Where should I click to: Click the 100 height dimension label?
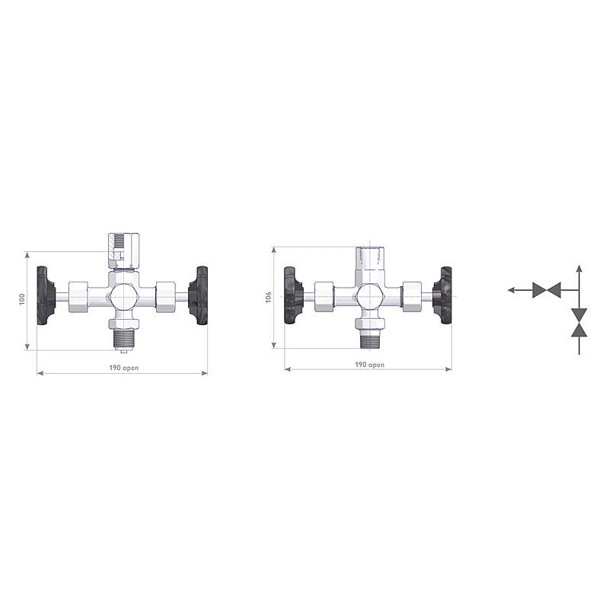click(22, 300)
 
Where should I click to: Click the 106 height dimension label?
click(268, 298)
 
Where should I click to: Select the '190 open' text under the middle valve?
click(370, 365)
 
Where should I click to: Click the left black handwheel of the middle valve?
click(293, 295)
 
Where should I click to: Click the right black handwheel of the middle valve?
click(443, 295)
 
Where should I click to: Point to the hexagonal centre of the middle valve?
click(370, 295)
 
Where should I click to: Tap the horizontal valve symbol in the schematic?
click(547, 290)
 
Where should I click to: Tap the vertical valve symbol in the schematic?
click(579, 322)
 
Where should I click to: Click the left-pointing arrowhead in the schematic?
click(512, 290)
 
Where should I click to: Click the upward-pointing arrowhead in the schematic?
click(579, 269)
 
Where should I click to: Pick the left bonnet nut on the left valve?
click(80, 296)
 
